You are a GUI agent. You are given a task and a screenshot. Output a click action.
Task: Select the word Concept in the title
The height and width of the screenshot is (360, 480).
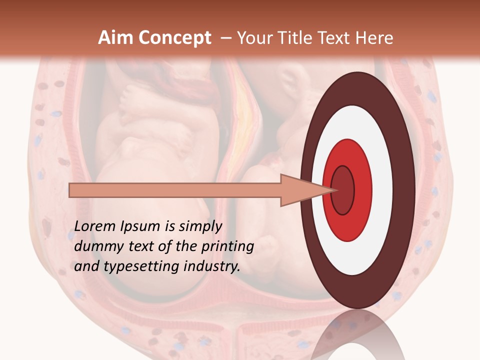point(174,38)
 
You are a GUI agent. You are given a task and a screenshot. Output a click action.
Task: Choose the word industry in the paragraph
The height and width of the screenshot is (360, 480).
point(212,266)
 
